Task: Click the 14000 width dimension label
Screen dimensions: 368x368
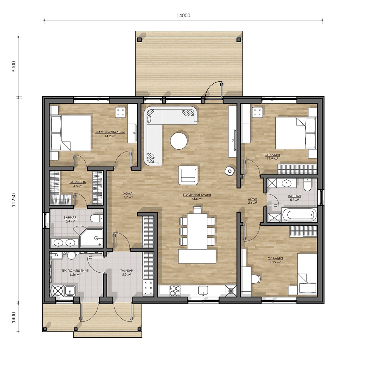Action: point(183,15)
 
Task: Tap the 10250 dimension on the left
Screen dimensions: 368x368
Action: point(14,200)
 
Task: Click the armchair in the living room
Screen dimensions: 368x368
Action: point(188,175)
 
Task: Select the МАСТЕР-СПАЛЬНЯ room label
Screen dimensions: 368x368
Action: point(110,132)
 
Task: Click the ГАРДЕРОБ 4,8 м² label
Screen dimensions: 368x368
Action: point(78,184)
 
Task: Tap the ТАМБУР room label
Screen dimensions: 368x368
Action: point(127,270)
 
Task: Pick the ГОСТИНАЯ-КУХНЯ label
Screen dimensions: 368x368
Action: point(197,195)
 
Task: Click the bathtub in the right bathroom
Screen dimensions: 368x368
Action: point(299,215)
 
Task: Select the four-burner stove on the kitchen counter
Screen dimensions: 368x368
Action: point(175,291)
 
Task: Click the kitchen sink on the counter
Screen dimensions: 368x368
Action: point(203,291)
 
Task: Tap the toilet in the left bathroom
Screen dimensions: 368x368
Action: point(97,218)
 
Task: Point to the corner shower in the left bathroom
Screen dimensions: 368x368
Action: point(91,238)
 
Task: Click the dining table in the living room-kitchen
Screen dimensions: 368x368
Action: point(197,231)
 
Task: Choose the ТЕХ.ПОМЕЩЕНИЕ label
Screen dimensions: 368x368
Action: point(75,270)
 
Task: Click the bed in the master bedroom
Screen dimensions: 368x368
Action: point(70,133)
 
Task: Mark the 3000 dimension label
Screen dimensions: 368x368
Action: point(14,67)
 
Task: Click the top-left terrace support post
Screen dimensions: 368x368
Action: point(140,40)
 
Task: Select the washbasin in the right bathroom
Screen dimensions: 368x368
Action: point(287,183)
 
